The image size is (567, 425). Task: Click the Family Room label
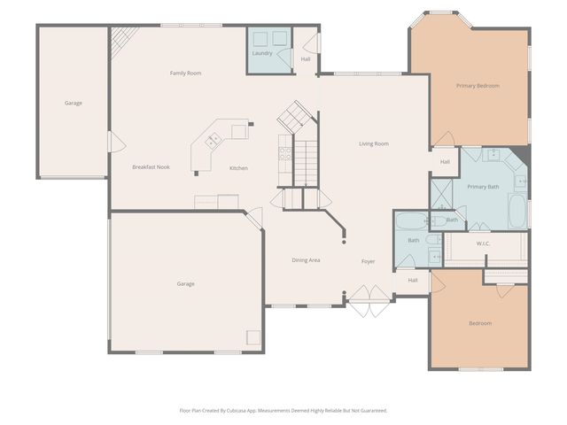186,73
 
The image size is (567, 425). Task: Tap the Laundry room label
262,53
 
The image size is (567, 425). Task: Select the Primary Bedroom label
478,86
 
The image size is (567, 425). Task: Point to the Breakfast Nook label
151,166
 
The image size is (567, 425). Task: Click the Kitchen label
238,168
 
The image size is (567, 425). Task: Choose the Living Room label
373,143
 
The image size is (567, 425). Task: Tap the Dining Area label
306,259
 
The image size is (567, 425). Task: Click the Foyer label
368,261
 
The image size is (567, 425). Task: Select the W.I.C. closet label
483,243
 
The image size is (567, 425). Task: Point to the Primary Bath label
483,187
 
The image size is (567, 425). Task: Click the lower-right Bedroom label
479,323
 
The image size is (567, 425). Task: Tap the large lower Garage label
185,283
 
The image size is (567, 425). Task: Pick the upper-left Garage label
73,103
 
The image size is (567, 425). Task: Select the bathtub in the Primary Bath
517,211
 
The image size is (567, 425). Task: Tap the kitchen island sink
213,140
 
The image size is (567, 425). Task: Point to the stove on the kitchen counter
285,152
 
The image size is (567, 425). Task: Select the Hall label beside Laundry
306,59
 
